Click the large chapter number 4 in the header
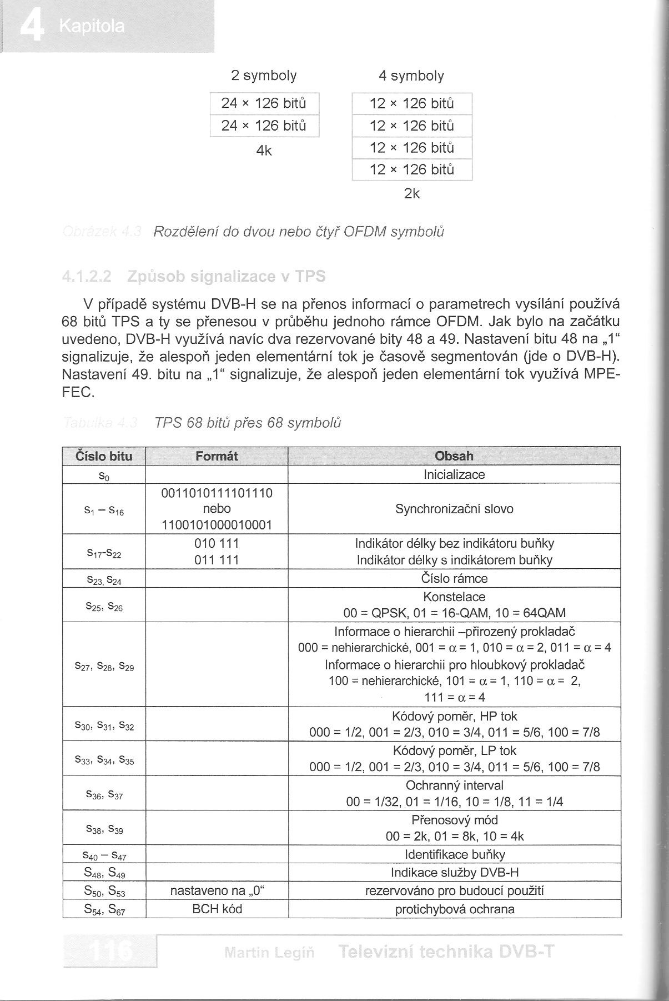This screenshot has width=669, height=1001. click(x=32, y=27)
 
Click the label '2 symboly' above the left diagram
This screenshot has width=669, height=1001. click(x=264, y=76)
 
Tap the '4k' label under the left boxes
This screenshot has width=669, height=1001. click(x=264, y=151)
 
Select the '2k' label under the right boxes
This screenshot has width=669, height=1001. click(x=412, y=194)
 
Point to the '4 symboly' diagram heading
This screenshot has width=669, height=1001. click(x=411, y=76)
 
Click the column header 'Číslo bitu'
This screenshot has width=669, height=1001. click(x=104, y=456)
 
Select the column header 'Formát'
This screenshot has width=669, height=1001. click(x=217, y=456)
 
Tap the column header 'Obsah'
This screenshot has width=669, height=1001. click(x=454, y=456)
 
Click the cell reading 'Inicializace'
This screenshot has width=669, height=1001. click(x=454, y=474)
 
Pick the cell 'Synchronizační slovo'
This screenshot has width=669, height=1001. click(x=454, y=509)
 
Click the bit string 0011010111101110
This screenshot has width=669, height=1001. click(x=217, y=493)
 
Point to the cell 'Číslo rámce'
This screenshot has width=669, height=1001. click(x=454, y=578)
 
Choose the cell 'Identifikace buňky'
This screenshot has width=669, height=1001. click(x=454, y=854)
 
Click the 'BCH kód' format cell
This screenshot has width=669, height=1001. click(x=217, y=909)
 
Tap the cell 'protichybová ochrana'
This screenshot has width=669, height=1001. click(x=454, y=909)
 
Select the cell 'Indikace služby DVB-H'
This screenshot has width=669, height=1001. click(x=454, y=872)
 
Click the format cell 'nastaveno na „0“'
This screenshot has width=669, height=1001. click(x=217, y=891)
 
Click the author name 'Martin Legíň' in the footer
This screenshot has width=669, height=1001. click(x=269, y=953)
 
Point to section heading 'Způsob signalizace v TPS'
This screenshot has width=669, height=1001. click(x=226, y=276)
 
